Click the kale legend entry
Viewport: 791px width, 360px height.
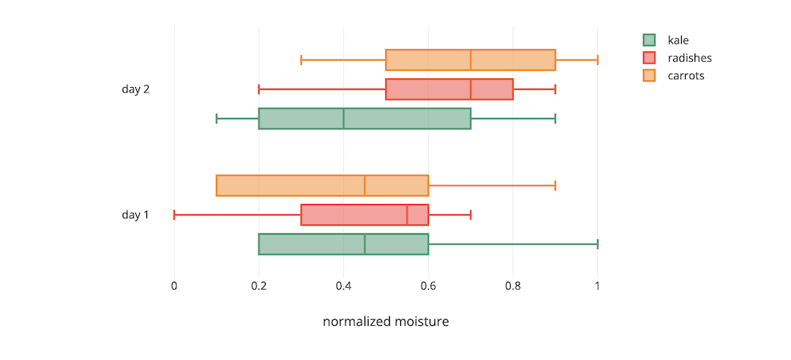[678, 40]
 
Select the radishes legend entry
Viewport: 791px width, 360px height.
[689, 58]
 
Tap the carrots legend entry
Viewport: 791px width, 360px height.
[685, 76]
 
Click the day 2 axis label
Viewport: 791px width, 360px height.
[135, 89]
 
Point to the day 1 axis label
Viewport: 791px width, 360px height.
[135, 215]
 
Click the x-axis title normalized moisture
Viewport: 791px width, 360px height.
[386, 322]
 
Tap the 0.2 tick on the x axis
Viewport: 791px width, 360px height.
[259, 286]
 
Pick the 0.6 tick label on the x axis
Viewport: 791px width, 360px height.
[428, 286]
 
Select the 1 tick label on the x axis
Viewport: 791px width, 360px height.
[597, 286]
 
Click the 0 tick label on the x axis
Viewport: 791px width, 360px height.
[174, 286]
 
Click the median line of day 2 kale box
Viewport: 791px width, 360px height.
[343, 119]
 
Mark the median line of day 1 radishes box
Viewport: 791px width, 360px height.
[407, 215]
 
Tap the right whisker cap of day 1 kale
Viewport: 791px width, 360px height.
[597, 244]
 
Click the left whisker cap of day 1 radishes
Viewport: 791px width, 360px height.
[174, 215]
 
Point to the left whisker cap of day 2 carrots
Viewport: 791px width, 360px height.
[301, 60]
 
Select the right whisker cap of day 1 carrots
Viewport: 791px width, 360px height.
[555, 185]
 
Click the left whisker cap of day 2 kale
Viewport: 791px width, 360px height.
[217, 119]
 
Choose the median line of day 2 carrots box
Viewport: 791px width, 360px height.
[471, 60]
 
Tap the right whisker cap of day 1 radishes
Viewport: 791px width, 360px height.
[471, 215]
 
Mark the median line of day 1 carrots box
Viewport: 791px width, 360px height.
[365, 185]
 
